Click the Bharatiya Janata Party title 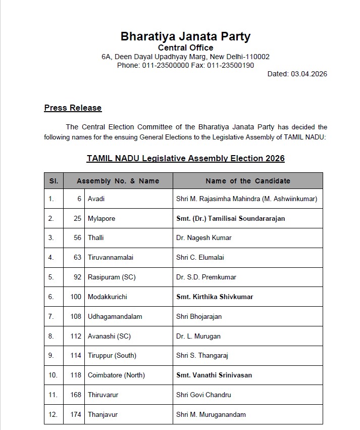(185, 36)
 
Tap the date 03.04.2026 (308, 74)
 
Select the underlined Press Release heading (73, 108)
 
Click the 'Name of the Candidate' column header (247, 181)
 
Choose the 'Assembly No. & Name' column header (118, 181)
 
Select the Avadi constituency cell (96, 199)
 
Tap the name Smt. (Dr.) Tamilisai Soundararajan (230, 218)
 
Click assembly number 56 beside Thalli (77, 238)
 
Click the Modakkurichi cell (107, 297)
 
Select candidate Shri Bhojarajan (199, 316)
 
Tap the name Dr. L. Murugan (198, 336)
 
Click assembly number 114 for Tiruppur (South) (76, 356)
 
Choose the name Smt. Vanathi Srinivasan (214, 375)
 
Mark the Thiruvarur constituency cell (103, 395)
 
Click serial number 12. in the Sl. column (51, 414)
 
